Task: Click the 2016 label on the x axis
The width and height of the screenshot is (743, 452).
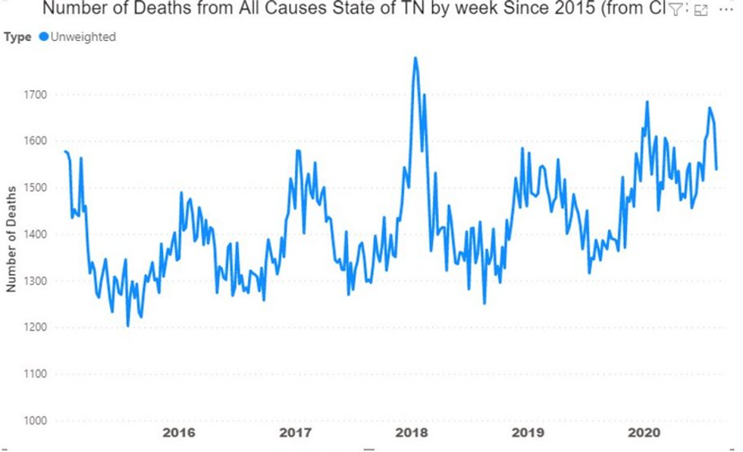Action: click(179, 433)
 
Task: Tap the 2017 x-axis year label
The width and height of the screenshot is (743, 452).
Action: click(295, 433)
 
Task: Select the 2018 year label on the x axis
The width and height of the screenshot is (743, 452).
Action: click(412, 433)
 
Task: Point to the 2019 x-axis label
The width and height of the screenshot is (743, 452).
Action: click(528, 433)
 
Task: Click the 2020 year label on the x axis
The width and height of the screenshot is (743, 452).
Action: click(644, 433)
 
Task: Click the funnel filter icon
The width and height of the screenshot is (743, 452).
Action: click(674, 10)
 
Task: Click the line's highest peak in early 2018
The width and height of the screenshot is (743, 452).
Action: click(415, 58)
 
